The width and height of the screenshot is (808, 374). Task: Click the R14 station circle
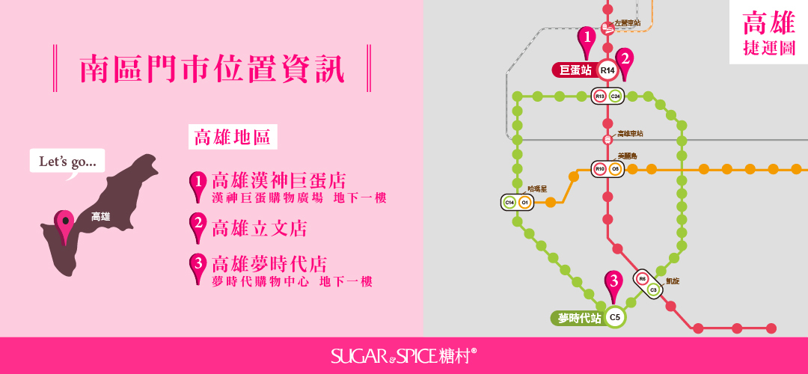pyautogui.click(x=607, y=70)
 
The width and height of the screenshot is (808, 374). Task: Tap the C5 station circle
pyautogui.click(x=615, y=318)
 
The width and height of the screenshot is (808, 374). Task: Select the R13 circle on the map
pyautogui.click(x=599, y=96)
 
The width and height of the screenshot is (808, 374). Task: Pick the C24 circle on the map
pyautogui.click(x=616, y=96)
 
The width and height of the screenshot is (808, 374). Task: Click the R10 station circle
pyautogui.click(x=599, y=169)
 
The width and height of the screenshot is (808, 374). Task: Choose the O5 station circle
pyautogui.click(x=616, y=169)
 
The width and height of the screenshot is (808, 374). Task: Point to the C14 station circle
pyautogui.click(x=509, y=202)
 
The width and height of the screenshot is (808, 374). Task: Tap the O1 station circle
pyautogui.click(x=525, y=202)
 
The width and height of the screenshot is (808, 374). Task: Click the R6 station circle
pyautogui.click(x=641, y=279)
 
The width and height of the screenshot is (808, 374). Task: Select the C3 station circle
pyautogui.click(x=652, y=289)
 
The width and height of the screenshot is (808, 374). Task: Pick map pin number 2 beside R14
pyautogui.click(x=625, y=61)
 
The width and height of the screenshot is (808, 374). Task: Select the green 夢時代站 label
pyautogui.click(x=579, y=318)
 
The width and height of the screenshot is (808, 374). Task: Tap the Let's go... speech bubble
pyautogui.click(x=67, y=161)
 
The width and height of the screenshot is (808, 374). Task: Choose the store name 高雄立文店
pyautogui.click(x=259, y=227)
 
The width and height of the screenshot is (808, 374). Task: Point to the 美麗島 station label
pyautogui.click(x=627, y=156)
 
